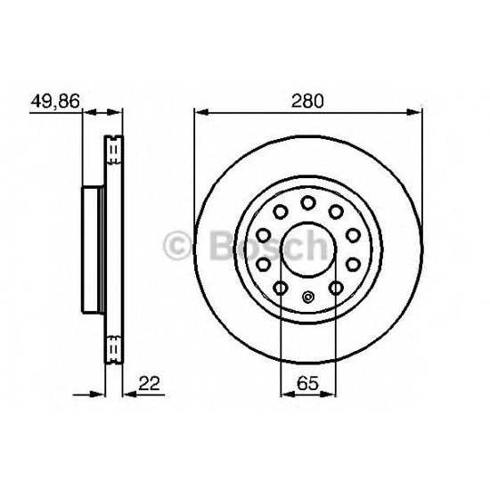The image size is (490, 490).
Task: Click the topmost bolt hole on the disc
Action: pos(306,203)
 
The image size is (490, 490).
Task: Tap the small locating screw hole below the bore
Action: pos(306,298)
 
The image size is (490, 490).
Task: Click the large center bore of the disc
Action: pos(306,249)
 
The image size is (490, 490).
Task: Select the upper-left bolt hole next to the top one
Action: pos(278,212)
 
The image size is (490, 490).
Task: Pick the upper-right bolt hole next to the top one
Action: pos(336,212)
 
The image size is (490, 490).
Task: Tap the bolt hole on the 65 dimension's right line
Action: pos(335,287)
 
